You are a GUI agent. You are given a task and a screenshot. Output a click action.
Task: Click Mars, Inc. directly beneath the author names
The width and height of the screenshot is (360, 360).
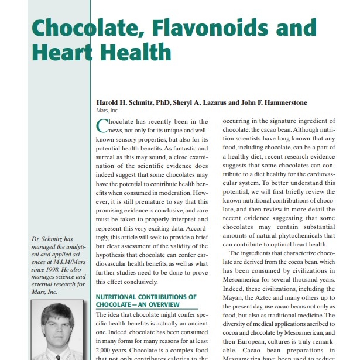[x=107, y=110]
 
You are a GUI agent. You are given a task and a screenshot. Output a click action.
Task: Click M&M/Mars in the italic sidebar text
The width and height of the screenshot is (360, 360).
[x=68, y=263]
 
